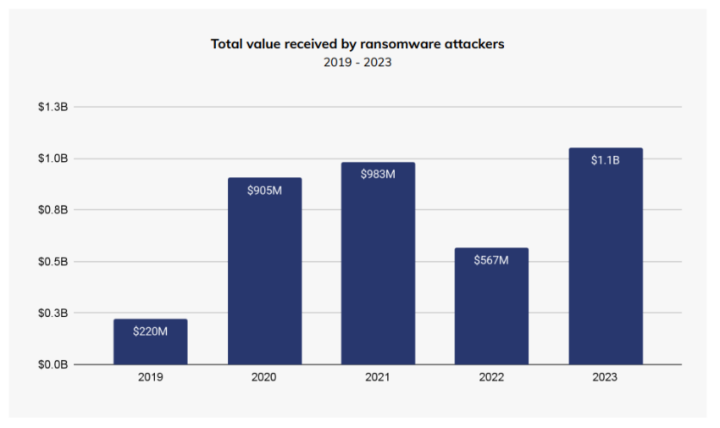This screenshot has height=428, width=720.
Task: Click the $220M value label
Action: [150, 331]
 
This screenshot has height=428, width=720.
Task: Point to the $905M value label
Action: [264, 191]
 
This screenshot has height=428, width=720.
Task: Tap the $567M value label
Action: [491, 260]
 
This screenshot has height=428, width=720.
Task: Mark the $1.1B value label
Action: [605, 160]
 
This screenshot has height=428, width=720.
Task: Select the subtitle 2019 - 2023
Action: [357, 63]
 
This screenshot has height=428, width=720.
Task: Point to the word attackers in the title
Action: [474, 43]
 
